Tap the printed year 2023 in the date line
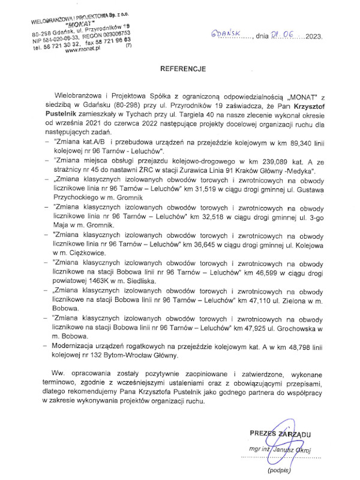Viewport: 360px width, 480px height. (314, 36)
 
